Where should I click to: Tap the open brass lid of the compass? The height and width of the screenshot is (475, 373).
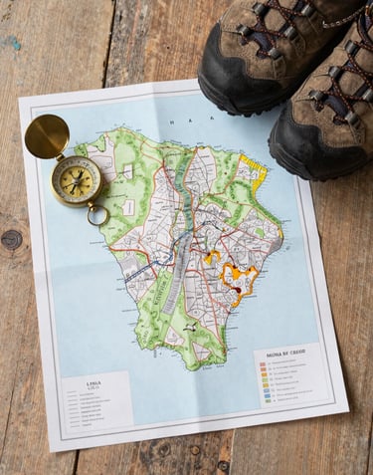pos(47,136)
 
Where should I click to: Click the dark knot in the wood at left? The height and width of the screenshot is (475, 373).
pos(12,239)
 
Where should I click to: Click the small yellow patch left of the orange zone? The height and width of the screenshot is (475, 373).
pos(212,257)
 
